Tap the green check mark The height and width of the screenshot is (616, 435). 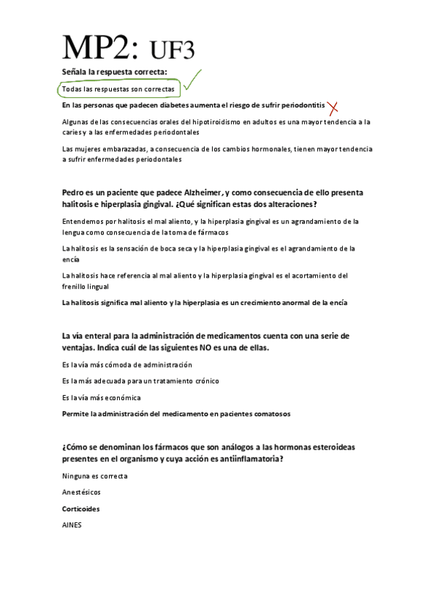191,81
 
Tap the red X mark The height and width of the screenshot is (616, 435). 333,108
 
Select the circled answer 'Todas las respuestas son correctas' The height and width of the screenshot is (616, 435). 118,89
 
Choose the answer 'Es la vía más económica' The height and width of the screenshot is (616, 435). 102,397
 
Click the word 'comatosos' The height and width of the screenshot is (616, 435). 268,413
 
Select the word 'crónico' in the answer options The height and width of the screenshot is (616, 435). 203,381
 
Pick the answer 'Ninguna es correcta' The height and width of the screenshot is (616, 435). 95,476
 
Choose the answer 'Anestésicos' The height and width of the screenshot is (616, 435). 81,492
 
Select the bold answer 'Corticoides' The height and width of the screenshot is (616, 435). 81,508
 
